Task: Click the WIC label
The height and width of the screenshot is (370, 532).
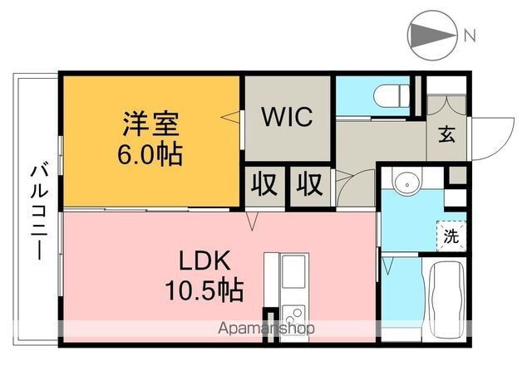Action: click(x=288, y=117)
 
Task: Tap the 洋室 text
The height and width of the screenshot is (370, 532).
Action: click(x=150, y=127)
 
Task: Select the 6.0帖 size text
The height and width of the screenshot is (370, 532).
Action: click(x=150, y=154)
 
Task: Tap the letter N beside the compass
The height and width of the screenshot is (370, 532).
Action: click(x=470, y=36)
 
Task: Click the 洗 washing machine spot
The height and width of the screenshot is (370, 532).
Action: click(x=451, y=235)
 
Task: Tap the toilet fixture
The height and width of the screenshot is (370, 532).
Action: click(x=392, y=95)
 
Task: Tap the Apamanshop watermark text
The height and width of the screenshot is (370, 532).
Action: click(x=266, y=328)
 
